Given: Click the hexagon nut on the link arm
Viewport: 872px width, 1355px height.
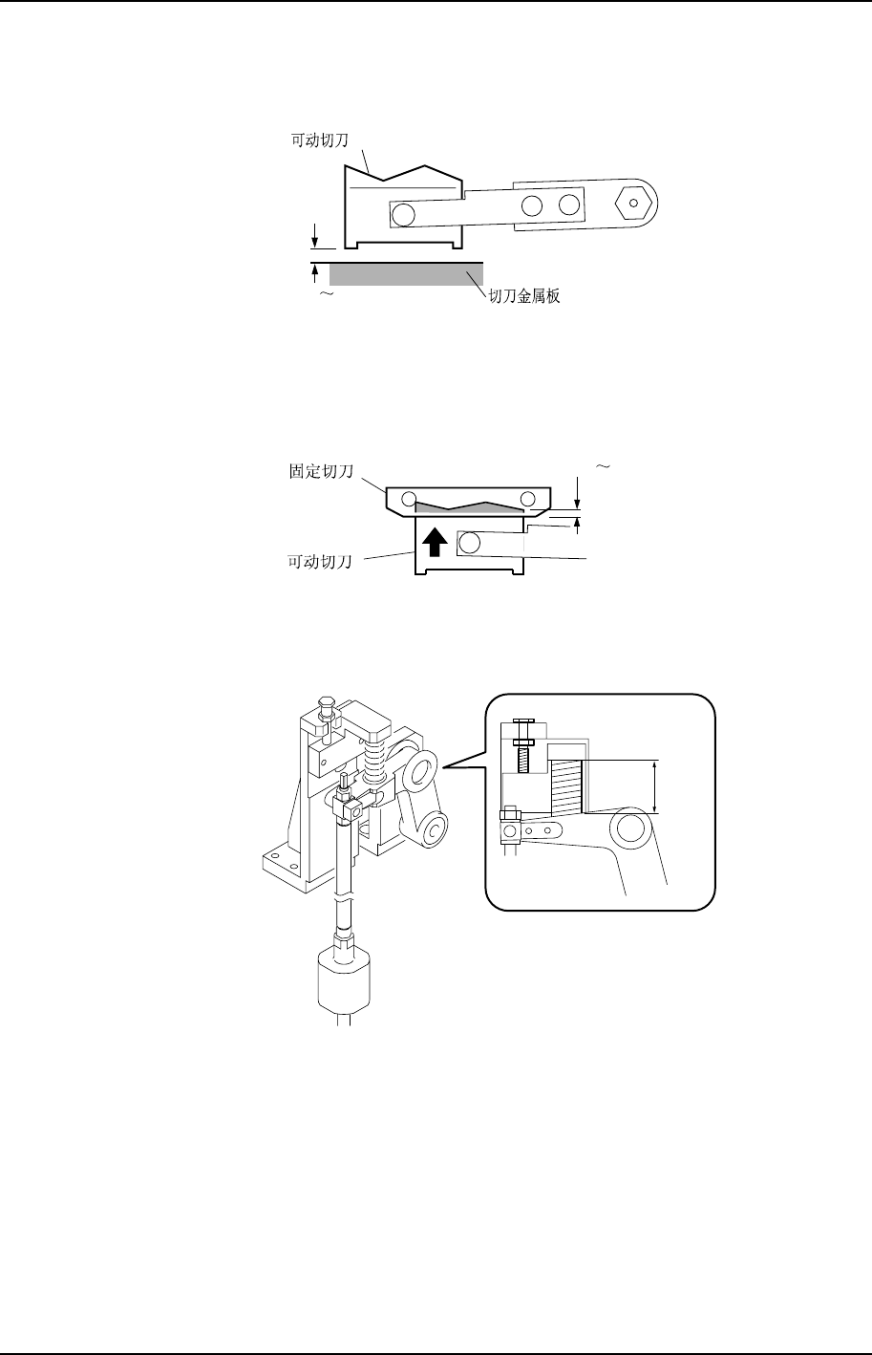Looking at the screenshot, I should click(x=633, y=203).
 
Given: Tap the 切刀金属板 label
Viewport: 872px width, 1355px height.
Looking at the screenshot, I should click(x=524, y=296).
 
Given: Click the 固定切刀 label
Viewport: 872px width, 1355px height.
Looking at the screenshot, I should click(x=321, y=472).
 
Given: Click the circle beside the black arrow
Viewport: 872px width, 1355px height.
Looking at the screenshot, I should click(x=469, y=544).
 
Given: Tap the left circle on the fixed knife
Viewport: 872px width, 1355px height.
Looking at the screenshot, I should click(x=410, y=499).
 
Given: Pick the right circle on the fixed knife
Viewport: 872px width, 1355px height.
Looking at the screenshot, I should click(x=528, y=499).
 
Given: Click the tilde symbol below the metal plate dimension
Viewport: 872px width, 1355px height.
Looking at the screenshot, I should click(x=327, y=296).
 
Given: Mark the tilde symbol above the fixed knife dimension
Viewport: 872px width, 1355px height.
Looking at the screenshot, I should click(x=603, y=466).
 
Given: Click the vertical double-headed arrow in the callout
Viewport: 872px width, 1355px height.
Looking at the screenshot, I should click(x=655, y=785).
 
